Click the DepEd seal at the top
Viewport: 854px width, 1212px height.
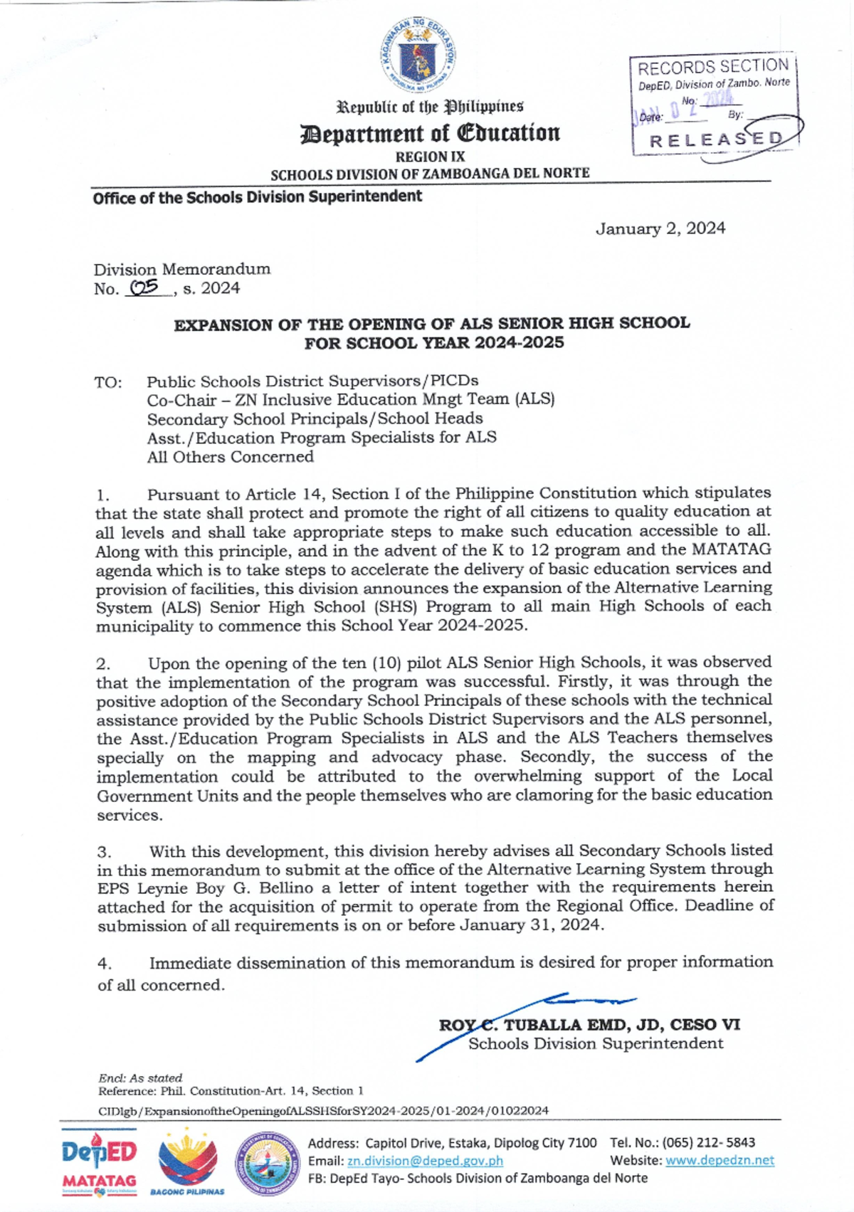point(417,56)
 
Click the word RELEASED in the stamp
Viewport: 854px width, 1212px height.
point(715,139)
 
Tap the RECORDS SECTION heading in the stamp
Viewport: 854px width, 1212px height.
point(713,68)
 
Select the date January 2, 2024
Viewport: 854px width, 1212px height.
point(660,228)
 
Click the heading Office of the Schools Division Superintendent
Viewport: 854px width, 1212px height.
point(257,197)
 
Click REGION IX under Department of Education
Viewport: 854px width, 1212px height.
point(430,157)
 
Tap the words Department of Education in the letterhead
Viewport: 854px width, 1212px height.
point(430,133)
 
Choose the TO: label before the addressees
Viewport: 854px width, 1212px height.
point(108,382)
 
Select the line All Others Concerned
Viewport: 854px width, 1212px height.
point(230,457)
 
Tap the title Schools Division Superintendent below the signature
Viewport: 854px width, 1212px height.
point(595,1043)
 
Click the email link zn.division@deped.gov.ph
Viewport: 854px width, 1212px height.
point(425,1161)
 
